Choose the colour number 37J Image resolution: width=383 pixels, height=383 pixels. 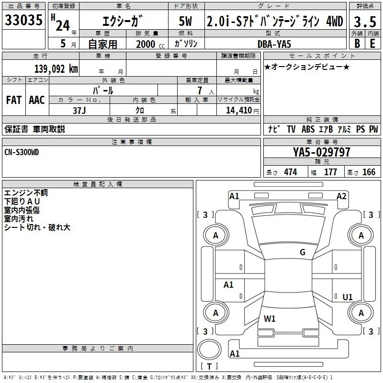pos(79,110)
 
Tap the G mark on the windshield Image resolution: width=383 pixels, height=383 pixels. pos(302,252)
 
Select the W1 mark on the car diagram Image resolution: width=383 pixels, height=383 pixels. pos(270,318)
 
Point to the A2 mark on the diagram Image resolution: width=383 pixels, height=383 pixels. pos(341,196)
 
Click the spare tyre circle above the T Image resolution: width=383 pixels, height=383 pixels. pos(209,349)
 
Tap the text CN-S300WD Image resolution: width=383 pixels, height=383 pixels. pos(22,152)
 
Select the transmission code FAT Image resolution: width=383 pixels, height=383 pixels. pos(13,100)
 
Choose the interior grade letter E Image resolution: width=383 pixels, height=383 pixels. pos(372,44)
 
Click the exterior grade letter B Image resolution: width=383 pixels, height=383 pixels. pos(356,44)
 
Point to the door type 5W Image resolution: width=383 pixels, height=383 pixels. pos(185,22)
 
